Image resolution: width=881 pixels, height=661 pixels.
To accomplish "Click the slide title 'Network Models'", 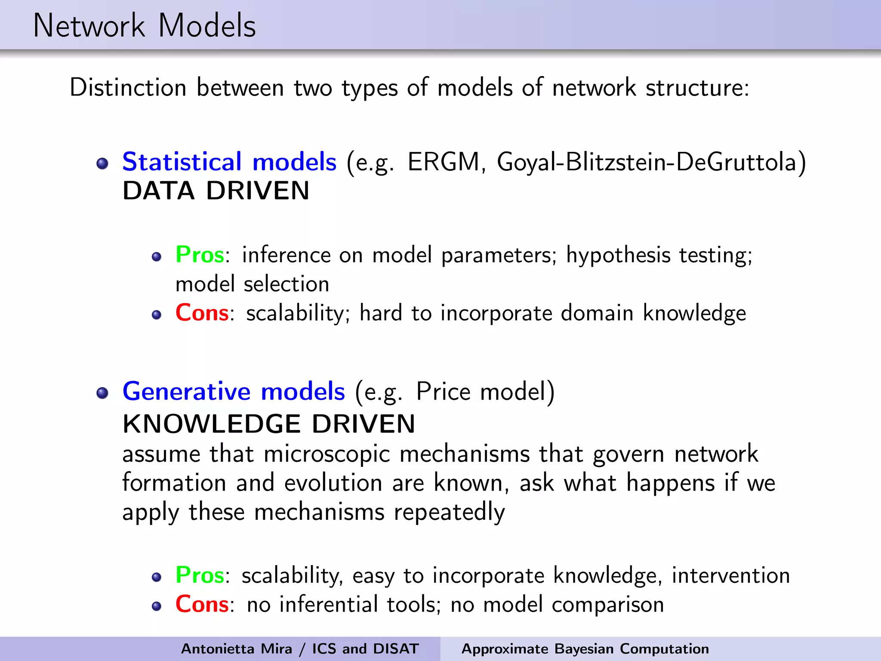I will tap(145, 26).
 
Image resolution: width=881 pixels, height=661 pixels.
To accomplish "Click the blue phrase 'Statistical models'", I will tap(229, 162).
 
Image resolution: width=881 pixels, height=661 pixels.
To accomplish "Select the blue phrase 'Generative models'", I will tap(234, 392).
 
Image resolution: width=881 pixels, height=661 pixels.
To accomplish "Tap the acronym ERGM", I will tap(444, 162).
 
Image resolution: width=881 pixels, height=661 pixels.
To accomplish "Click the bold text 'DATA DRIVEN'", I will tap(216, 191).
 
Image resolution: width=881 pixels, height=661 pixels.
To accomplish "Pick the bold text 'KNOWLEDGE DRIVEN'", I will tap(269, 424).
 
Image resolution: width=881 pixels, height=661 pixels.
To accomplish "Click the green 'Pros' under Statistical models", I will tap(200, 255).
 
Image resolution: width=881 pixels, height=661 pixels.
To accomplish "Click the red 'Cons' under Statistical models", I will tap(202, 313).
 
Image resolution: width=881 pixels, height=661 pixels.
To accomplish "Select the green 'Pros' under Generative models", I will tap(200, 575).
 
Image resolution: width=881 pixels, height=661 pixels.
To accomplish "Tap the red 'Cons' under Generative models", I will tap(202, 604).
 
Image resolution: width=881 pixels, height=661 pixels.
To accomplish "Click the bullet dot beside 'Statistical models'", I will tap(102, 164).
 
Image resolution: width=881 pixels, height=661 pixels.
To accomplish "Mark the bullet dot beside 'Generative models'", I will tap(102, 393).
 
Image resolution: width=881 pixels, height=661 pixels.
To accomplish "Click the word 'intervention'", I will tap(731, 575).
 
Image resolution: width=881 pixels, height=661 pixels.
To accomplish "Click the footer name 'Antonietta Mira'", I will tap(236, 649).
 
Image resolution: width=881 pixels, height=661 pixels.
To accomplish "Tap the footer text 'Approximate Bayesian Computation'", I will tap(585, 649).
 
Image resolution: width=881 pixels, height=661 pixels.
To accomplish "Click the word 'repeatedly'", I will tap(449, 513).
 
